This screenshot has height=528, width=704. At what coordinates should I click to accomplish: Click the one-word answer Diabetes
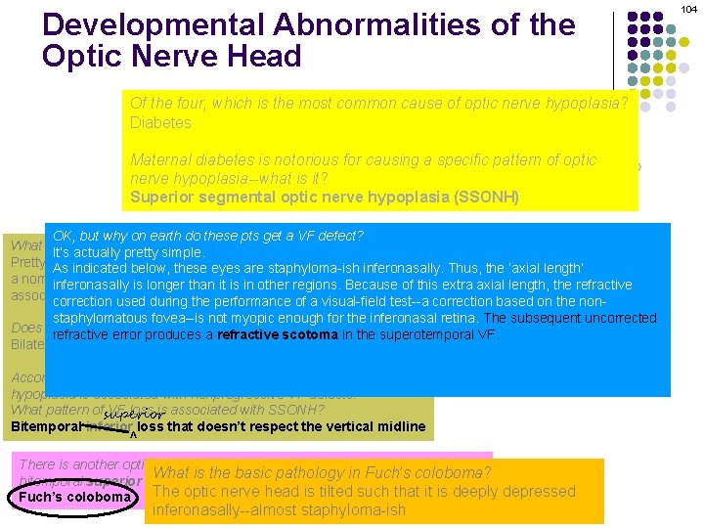[160, 123]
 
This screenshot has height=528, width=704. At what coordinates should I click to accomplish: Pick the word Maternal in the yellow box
[162, 161]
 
